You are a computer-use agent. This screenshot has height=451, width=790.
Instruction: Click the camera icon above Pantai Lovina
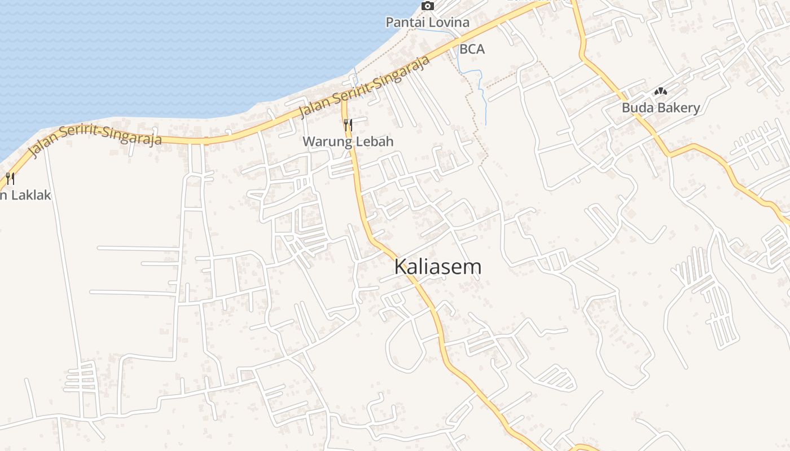click(428, 6)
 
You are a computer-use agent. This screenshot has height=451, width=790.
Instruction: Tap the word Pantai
click(404, 23)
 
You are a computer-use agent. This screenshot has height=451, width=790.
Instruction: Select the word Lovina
click(448, 23)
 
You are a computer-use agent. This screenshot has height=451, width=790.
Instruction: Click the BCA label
click(472, 49)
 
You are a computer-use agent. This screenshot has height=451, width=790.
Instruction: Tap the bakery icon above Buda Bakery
click(661, 91)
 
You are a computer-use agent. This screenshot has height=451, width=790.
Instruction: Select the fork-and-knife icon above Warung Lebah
click(348, 125)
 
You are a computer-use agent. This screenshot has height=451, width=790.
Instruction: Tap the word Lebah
click(374, 142)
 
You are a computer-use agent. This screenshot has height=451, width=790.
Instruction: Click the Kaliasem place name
click(438, 267)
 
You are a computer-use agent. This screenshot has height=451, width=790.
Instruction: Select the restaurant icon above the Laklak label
click(10, 179)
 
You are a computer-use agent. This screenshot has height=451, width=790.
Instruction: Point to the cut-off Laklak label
click(25, 196)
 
